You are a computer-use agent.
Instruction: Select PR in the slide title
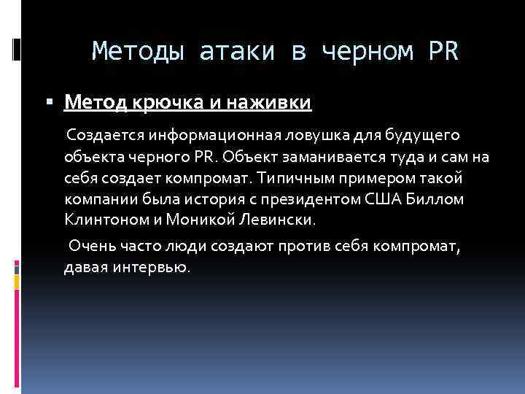point(444,52)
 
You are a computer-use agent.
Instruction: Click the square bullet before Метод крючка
point(55,104)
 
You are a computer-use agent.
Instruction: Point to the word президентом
point(291,198)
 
